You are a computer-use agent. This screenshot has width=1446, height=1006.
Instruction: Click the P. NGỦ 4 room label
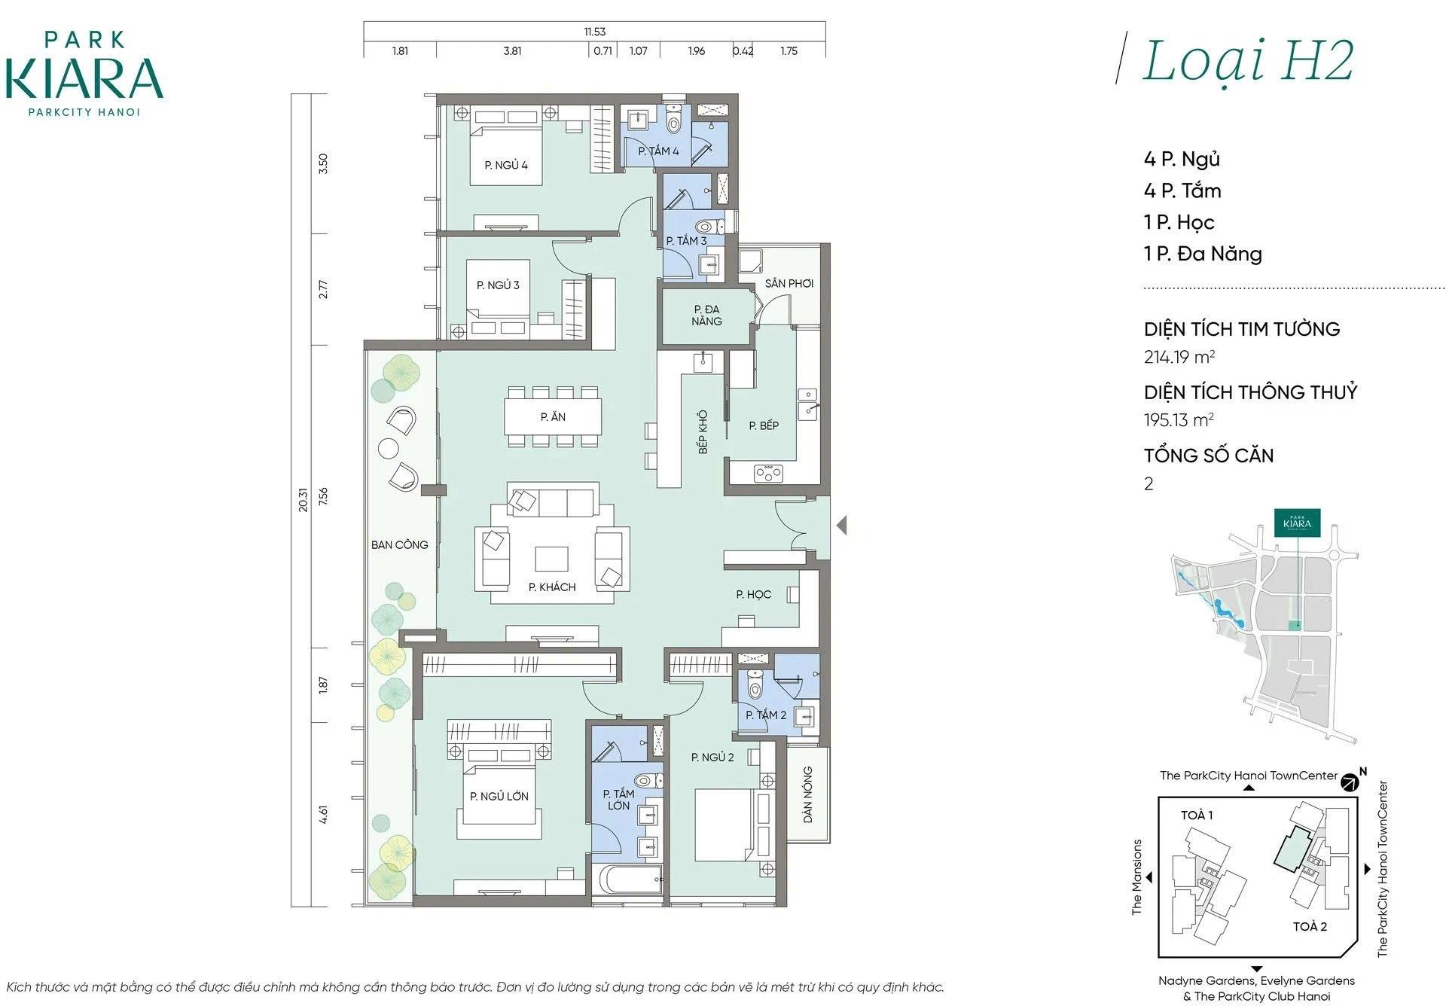(506, 165)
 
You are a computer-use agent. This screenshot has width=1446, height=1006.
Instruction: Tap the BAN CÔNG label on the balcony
(399, 544)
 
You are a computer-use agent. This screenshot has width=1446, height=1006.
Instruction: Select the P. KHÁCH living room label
(552, 587)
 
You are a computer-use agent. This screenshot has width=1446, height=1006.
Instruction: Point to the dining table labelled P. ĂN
(553, 416)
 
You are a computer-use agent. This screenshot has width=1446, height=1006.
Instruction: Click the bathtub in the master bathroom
(627, 880)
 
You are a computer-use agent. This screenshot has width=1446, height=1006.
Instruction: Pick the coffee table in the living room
(552, 559)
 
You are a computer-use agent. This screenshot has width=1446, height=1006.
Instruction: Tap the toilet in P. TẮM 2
(755, 685)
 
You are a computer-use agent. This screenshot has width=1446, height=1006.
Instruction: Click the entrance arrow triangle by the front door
(841, 525)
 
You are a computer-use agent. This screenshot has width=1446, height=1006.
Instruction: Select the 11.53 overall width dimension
(594, 32)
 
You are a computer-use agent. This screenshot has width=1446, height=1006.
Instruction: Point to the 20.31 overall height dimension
(303, 500)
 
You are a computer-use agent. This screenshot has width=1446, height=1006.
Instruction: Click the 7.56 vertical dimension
(323, 496)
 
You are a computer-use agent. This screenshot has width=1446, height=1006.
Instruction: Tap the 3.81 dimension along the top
(512, 51)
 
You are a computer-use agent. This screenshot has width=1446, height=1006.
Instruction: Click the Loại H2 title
(1248, 62)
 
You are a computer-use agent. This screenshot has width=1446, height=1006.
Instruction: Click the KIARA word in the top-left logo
(84, 78)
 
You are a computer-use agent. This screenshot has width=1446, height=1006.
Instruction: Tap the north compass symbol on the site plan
(1350, 782)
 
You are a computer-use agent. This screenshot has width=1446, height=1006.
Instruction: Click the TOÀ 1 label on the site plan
(1197, 815)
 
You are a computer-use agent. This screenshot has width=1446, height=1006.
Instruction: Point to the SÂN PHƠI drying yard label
(789, 283)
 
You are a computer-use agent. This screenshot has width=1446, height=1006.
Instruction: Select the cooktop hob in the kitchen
(768, 474)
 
